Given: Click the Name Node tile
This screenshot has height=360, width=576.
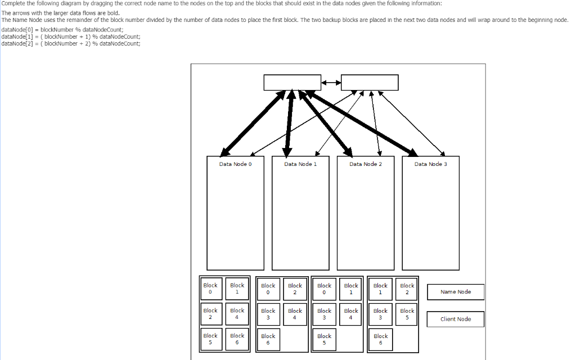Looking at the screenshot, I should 456,292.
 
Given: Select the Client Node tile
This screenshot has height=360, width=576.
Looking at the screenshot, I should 456,319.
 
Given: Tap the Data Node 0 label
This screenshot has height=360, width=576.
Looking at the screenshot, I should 235,164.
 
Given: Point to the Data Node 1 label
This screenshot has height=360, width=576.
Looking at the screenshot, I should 300,164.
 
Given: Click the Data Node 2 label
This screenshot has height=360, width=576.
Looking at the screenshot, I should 366,164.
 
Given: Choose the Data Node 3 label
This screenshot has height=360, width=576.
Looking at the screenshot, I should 430,164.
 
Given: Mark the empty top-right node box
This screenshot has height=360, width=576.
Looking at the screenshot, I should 370,82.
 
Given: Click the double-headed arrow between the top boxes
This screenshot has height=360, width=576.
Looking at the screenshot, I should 331,83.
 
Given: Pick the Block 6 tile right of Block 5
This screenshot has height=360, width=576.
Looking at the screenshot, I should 237,339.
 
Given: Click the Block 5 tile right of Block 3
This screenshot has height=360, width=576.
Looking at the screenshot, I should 407,313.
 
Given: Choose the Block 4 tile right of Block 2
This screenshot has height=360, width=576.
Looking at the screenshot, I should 237,313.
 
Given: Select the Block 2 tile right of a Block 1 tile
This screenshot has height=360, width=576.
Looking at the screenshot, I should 407,289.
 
